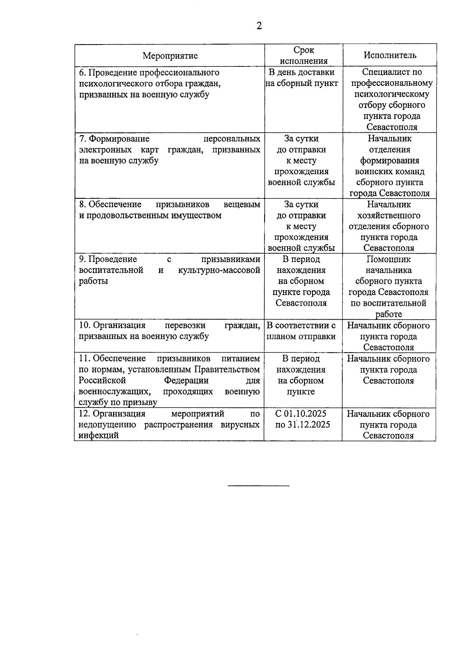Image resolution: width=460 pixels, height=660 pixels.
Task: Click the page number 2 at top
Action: pyautogui.click(x=259, y=26)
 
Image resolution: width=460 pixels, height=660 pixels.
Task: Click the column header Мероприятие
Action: pyautogui.click(x=170, y=56)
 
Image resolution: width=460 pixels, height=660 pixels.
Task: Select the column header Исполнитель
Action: pyautogui.click(x=390, y=55)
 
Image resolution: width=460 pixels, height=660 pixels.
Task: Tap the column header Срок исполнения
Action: pyautogui.click(x=304, y=55)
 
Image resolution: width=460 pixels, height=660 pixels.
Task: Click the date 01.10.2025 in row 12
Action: pyautogui.click(x=306, y=414)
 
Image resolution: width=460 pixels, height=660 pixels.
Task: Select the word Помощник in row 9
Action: pyautogui.click(x=389, y=259)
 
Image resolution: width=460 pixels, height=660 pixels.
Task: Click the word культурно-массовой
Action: pyautogui.click(x=219, y=270)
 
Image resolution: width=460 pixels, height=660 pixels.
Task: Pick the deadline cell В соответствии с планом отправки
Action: pyautogui.click(x=301, y=331)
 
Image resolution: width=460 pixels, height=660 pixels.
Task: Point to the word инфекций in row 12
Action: pyautogui.click(x=99, y=436)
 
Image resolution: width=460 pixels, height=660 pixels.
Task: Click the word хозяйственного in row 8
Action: pyautogui.click(x=389, y=215)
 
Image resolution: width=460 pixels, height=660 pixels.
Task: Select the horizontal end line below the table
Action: pyautogui.click(x=258, y=486)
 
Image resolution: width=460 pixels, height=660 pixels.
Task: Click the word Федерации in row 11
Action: pyautogui.click(x=186, y=381)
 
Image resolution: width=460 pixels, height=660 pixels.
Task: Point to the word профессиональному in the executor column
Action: pyautogui.click(x=392, y=83)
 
